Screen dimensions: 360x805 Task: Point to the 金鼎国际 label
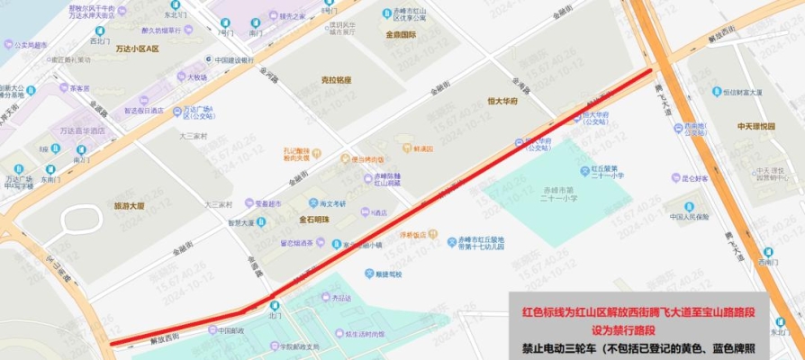click(x=400, y=35)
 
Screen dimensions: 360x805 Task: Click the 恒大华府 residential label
click(x=502, y=101)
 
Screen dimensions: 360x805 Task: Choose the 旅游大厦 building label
click(x=129, y=206)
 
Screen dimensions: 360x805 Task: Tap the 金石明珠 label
click(x=314, y=219)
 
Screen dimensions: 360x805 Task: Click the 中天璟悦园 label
click(x=755, y=127)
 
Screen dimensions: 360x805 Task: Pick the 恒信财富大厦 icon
click(x=717, y=92)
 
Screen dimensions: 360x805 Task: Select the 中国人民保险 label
click(x=689, y=216)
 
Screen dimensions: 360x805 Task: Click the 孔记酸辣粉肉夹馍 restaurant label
click(x=296, y=154)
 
